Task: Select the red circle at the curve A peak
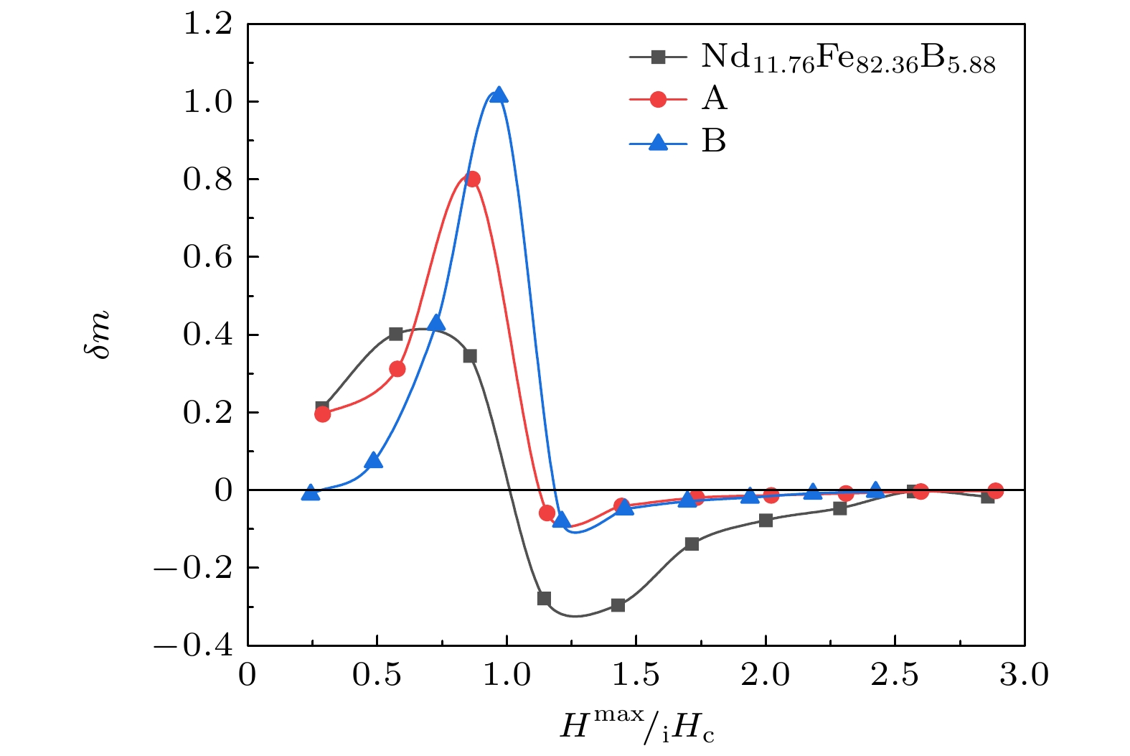point(472,179)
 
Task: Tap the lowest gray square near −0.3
point(618,605)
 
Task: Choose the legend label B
point(714,141)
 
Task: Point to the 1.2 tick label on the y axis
point(207,24)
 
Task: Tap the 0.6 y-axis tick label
point(207,257)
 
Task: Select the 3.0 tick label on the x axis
point(1024,676)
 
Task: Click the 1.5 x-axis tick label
point(636,676)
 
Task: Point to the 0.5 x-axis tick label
point(377,676)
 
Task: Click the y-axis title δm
point(99,335)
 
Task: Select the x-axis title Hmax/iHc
point(637,725)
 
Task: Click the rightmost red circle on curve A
point(995,491)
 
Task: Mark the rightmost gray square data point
point(988,496)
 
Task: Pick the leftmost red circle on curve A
point(322,414)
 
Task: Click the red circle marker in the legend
point(658,99)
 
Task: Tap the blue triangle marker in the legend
point(658,142)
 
